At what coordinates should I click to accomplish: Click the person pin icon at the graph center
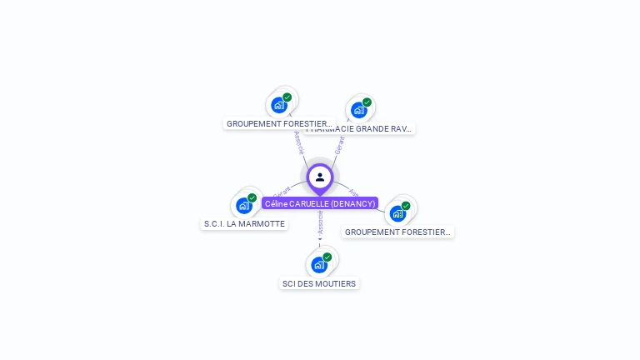320,177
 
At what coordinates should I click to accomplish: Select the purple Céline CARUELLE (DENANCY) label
320,203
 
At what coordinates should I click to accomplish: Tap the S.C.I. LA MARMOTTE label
244,224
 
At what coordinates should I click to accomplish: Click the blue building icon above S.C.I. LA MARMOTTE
243,206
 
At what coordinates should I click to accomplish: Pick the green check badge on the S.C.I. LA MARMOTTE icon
252,198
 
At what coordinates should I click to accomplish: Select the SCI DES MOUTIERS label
319,283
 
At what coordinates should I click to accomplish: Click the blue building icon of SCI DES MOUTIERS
318,265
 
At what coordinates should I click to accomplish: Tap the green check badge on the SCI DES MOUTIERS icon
327,257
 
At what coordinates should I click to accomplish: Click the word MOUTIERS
337,283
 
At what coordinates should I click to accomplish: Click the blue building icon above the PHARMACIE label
358,110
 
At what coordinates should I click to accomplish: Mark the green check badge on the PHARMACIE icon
367,102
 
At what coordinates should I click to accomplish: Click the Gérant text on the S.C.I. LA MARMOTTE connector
282,195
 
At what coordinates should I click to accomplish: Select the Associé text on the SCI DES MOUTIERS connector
320,222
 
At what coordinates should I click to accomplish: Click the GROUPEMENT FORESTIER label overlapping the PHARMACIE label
279,123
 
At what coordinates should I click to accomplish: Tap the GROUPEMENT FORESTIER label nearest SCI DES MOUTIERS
398,232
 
